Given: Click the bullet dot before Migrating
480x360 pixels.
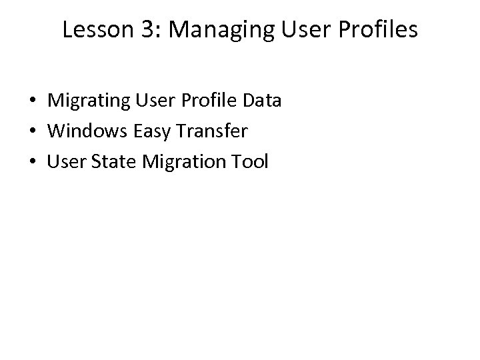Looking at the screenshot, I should [x=33, y=102].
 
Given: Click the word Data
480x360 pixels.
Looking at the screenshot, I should [x=262, y=101].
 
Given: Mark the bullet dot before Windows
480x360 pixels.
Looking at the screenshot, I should [x=33, y=132].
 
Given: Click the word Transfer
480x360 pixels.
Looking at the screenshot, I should [x=209, y=131].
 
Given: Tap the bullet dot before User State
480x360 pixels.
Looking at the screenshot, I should [x=33, y=162].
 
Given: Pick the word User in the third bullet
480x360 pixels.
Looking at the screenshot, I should [x=64, y=161].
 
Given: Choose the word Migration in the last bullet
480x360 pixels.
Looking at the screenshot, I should [x=180, y=162].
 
